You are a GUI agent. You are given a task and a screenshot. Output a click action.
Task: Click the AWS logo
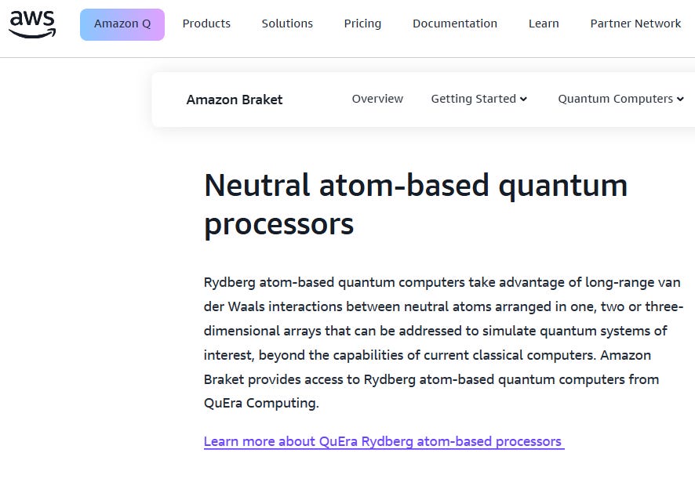tap(32, 24)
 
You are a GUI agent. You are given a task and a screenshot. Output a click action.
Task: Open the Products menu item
tap(206, 24)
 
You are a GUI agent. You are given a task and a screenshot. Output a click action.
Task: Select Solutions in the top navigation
tap(287, 24)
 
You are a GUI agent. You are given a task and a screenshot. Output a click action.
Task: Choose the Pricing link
tap(362, 24)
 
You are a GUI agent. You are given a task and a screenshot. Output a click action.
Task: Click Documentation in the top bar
tap(455, 24)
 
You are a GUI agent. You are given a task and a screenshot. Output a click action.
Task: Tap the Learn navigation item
tap(544, 24)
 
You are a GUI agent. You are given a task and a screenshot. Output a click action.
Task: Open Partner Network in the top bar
tap(635, 24)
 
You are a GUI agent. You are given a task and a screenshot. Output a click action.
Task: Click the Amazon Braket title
tap(235, 100)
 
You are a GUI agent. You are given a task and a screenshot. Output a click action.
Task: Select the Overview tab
tap(377, 99)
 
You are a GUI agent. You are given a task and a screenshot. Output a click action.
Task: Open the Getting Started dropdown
tap(474, 99)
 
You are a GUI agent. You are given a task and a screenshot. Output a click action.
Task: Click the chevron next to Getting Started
tap(523, 100)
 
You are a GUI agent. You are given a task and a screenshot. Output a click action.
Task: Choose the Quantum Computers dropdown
tap(616, 99)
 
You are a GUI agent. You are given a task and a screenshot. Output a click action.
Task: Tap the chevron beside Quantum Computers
tap(680, 100)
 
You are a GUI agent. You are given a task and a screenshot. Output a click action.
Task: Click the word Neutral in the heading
tap(257, 186)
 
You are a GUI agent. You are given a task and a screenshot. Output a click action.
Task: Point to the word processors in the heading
tap(278, 224)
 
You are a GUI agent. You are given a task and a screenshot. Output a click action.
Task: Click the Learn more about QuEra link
tap(384, 441)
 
